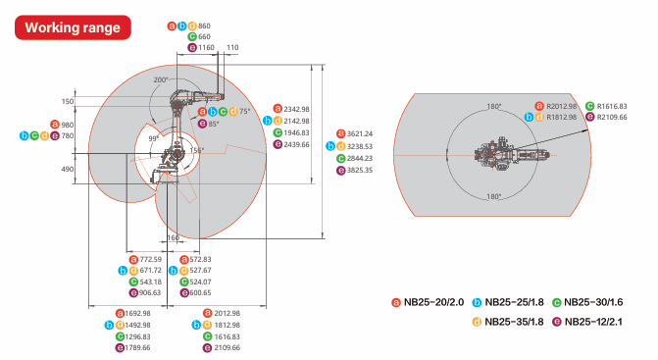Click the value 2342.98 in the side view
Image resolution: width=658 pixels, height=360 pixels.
click(x=297, y=109)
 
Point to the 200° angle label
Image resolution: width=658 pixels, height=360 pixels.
click(x=161, y=78)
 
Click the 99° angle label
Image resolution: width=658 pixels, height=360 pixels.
click(x=153, y=139)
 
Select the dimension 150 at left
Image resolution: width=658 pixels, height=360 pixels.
click(x=67, y=101)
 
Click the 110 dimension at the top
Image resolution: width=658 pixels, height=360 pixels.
click(x=232, y=46)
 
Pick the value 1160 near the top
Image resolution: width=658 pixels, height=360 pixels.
click(x=205, y=47)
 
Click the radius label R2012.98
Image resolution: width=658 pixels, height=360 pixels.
click(x=562, y=106)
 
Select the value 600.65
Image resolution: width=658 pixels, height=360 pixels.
click(x=200, y=292)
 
